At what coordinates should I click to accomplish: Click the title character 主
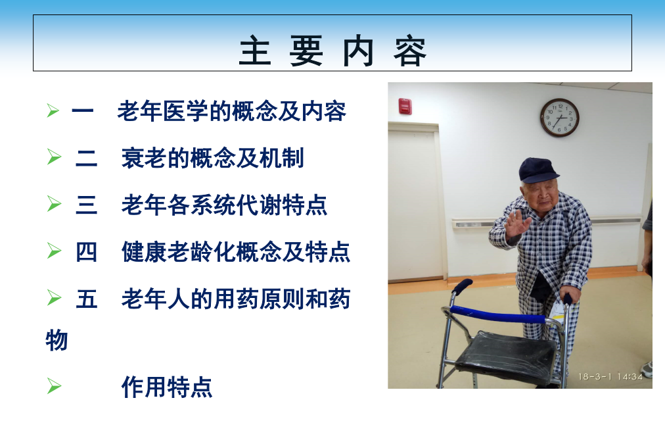pyautogui.click(x=256, y=51)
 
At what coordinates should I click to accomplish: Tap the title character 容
pyautogui.click(x=409, y=51)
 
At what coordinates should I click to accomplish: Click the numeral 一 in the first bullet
pyautogui.click(x=82, y=111)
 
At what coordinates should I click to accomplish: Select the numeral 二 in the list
pyautogui.click(x=86, y=158)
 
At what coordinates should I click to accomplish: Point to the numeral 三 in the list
pyautogui.click(x=86, y=205)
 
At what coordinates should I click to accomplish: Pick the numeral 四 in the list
pyautogui.click(x=86, y=252)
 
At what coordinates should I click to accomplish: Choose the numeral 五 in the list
pyautogui.click(x=86, y=299)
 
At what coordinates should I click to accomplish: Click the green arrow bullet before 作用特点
pyautogui.click(x=54, y=386)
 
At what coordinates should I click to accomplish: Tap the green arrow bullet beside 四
pyautogui.click(x=54, y=251)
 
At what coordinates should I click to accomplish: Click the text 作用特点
pyautogui.click(x=167, y=387)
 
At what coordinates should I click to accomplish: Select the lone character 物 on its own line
pyautogui.click(x=57, y=340)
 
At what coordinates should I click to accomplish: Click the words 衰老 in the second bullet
pyautogui.click(x=144, y=158)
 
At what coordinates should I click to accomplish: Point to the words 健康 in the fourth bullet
pyautogui.click(x=144, y=252)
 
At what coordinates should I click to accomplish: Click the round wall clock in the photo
pyautogui.click(x=559, y=118)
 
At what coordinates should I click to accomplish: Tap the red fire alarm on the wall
pyautogui.click(x=405, y=106)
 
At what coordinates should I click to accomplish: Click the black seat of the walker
pyautogui.click(x=505, y=356)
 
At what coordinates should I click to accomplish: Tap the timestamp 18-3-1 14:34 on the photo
pyautogui.click(x=610, y=376)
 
